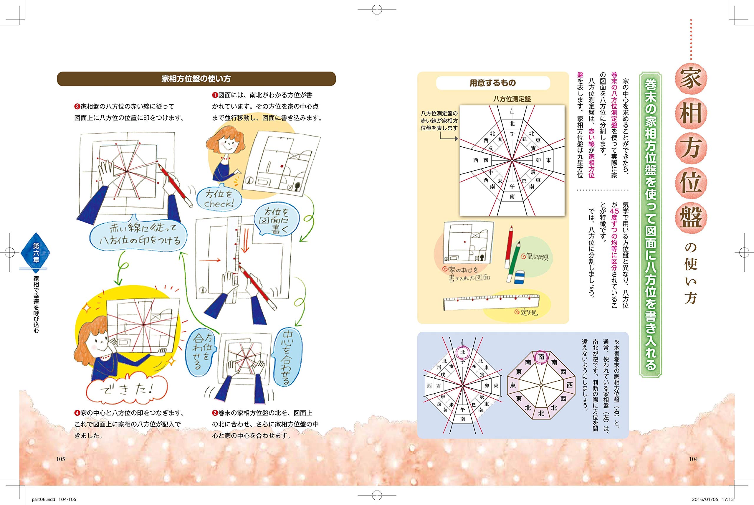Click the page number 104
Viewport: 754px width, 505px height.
[x=693, y=459]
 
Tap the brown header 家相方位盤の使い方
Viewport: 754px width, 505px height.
[x=196, y=79]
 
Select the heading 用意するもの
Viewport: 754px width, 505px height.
[x=492, y=83]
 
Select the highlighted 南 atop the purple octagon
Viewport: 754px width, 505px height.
[x=541, y=357]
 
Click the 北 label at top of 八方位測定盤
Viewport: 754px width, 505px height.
[x=512, y=124]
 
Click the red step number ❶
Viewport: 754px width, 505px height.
[x=215, y=95]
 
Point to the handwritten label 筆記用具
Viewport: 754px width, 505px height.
[x=535, y=257]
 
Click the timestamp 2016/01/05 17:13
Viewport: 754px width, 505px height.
[x=712, y=499]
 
